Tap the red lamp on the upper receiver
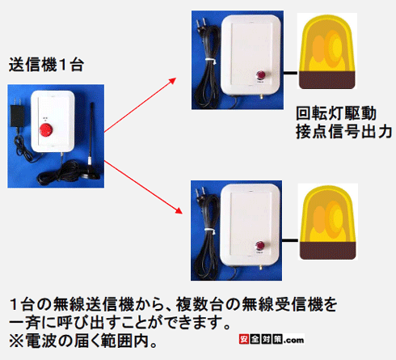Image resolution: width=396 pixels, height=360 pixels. pos(260,79)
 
